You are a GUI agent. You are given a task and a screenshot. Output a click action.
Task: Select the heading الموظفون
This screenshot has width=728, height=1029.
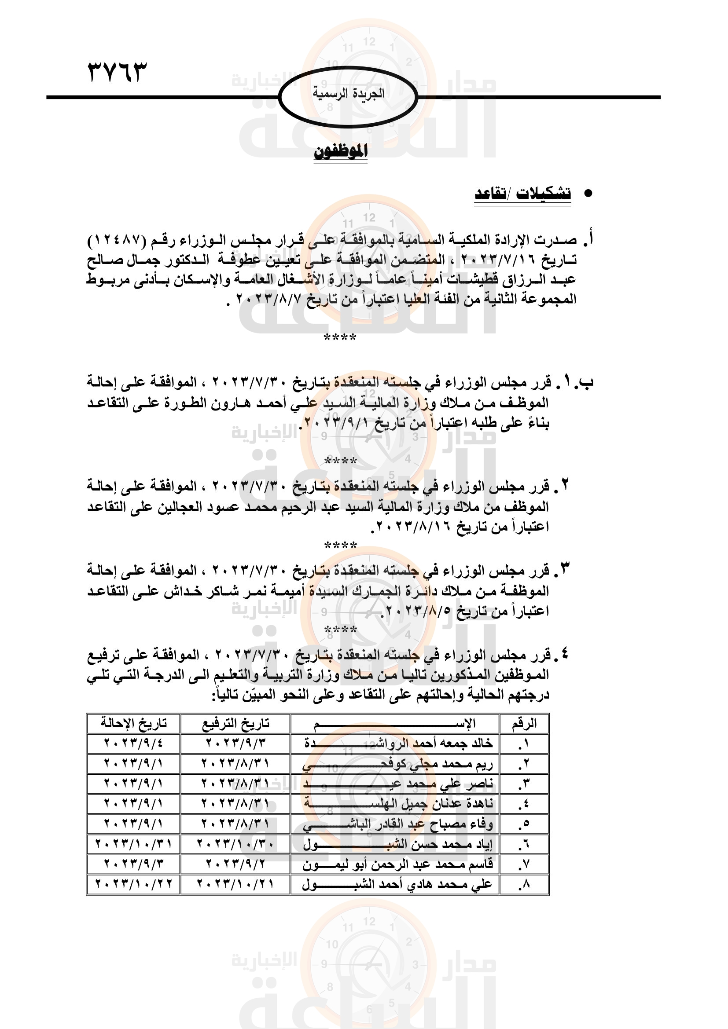pos(341,151)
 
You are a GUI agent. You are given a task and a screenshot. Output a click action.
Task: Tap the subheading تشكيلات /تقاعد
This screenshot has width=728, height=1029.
pos(523,194)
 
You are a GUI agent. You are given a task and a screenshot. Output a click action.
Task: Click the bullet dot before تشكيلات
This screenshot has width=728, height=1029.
pos(588,194)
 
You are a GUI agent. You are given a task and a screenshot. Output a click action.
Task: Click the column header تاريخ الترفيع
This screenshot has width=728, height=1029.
pos(235,723)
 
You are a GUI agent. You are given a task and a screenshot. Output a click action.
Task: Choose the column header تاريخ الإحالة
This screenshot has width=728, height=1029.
pos(134,723)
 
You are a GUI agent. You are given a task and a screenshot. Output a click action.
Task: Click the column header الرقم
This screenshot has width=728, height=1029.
pos(524,723)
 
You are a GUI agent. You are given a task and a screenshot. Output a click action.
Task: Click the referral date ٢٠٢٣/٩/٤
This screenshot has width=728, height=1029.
pos(134,743)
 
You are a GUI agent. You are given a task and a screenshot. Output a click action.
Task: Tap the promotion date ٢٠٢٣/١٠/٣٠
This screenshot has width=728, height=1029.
pos(235,844)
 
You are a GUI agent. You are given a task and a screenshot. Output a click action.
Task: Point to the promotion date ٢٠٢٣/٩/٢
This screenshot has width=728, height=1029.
pos(235,864)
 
